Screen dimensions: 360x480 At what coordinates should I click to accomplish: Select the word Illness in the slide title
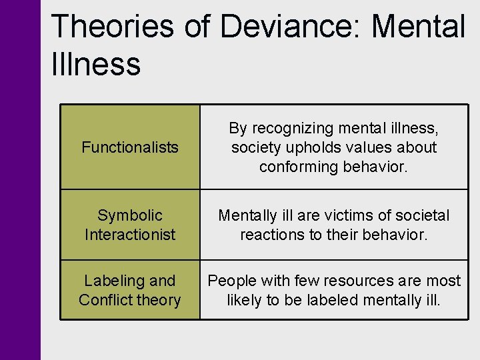tap(95, 65)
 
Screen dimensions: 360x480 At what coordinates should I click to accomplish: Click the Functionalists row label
tap(130, 147)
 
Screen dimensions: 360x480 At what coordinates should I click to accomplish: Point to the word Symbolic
tap(130, 215)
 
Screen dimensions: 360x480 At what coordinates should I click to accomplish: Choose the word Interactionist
tap(130, 235)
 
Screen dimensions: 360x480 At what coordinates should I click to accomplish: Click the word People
tap(231, 281)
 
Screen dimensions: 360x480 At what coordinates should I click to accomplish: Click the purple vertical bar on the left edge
tap(20, 180)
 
